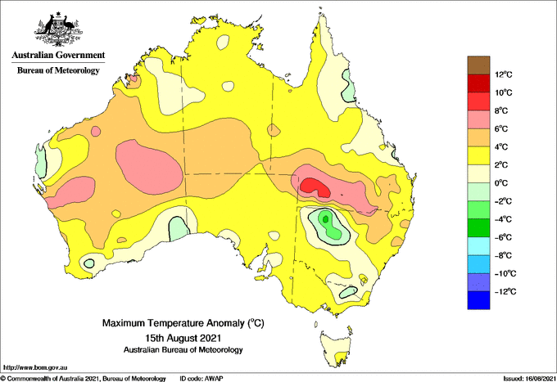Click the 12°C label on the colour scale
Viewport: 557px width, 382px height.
[x=504, y=74]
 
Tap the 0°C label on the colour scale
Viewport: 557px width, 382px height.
[x=501, y=183]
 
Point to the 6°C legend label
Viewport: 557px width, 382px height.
[x=501, y=129]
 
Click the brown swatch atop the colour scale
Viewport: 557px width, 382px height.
[x=478, y=65]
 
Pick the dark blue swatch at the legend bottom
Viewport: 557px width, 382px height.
[x=478, y=300]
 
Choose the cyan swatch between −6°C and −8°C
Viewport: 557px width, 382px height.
[x=478, y=245]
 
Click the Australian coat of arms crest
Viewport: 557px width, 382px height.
[x=58, y=29]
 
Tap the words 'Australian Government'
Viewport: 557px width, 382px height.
[x=58, y=56]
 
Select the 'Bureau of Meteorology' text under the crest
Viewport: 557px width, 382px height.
[x=58, y=70]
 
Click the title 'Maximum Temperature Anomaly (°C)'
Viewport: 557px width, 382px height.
[x=183, y=323]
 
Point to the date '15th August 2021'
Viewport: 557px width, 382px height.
[x=183, y=337]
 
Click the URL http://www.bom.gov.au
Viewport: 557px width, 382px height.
[x=35, y=368]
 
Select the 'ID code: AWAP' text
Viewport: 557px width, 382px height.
[x=202, y=379]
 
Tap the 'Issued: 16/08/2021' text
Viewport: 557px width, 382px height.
[x=529, y=379]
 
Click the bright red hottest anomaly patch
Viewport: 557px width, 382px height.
[x=315, y=187]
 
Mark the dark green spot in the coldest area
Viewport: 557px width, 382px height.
[x=325, y=218]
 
